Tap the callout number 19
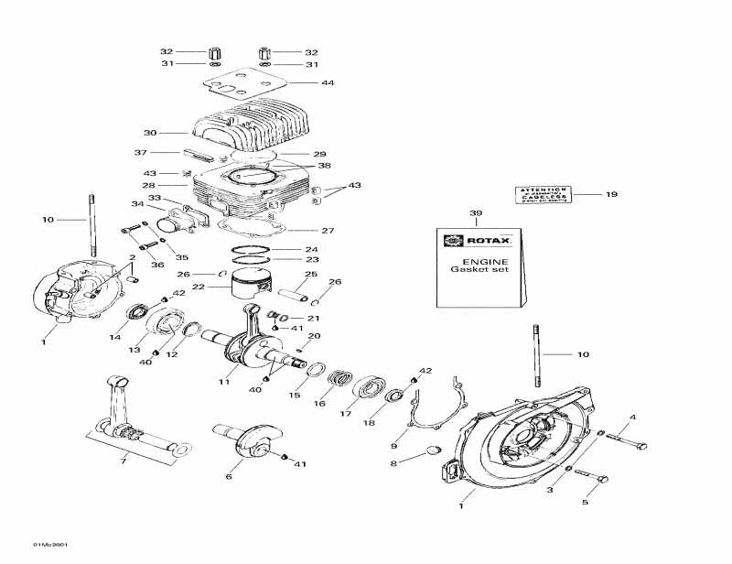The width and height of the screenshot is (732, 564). pos(612,194)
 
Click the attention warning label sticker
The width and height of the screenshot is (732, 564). pos(544,195)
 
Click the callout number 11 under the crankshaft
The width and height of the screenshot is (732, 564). pos(224,382)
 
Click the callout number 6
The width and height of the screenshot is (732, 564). pos(229,477)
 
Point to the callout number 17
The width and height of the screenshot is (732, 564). pos(346,413)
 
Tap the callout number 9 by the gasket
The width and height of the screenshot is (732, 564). pos(393,446)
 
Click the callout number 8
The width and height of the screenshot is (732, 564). pos(393,464)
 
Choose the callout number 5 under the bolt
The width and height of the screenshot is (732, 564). pos(586,502)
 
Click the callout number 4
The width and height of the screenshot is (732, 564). pos(632,418)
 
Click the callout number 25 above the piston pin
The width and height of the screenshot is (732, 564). pos(311,274)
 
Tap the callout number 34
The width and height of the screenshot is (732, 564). pos(136,204)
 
